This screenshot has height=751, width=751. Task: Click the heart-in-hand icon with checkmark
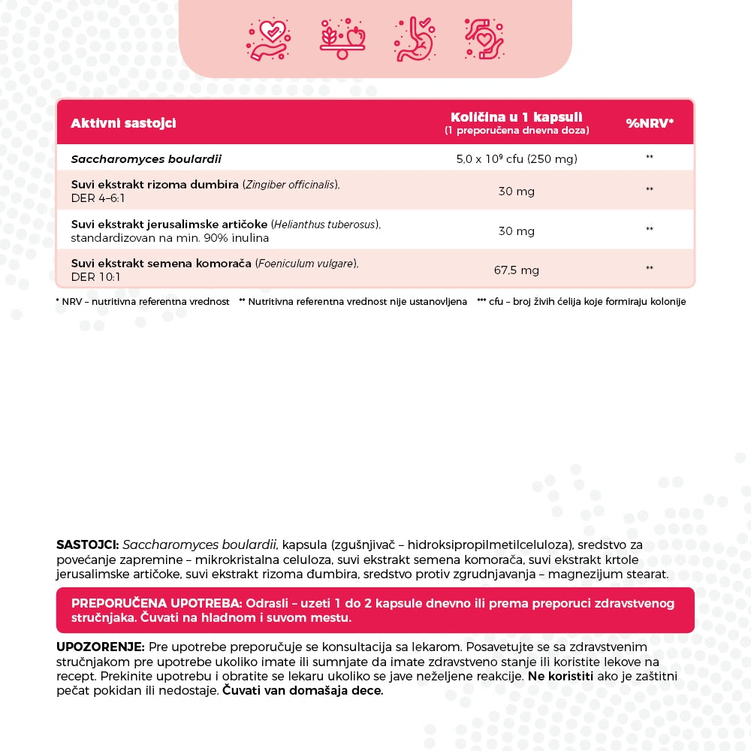[268, 39]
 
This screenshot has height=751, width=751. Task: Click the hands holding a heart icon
[484, 38]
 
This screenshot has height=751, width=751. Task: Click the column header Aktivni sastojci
[123, 123]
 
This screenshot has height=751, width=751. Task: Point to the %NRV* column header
[650, 123]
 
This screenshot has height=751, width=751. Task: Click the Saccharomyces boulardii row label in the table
[146, 159]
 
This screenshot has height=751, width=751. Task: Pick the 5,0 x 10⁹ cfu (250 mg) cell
[517, 159]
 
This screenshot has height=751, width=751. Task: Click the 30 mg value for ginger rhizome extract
[517, 192]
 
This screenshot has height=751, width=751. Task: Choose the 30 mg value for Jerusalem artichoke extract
[517, 231]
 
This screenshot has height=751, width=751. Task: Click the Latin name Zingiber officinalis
[291, 185]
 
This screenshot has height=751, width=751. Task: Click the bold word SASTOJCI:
[87, 544]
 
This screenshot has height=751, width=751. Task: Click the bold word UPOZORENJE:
[100, 647]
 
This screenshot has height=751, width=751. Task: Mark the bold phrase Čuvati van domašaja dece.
[303, 691]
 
